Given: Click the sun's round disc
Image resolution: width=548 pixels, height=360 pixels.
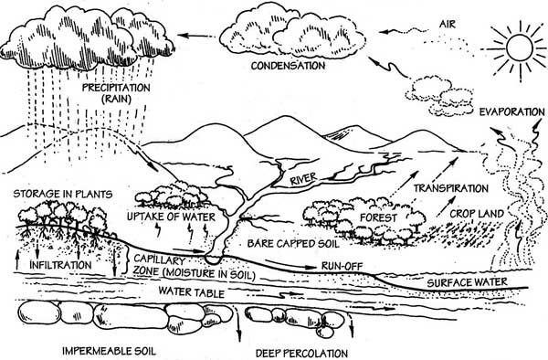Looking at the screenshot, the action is point(520,48).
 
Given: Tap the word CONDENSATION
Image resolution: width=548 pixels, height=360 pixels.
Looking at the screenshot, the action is point(288,66).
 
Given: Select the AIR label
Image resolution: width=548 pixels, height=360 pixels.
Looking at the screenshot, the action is point(448,24).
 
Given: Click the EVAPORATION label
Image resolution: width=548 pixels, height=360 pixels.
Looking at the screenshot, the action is point(511,111).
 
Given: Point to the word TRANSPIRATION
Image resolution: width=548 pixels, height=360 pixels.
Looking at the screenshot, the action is point(451,188).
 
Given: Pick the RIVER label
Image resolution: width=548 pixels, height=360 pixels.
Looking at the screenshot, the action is point(303,179).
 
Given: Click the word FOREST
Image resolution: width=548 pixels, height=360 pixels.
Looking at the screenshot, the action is point(378,217).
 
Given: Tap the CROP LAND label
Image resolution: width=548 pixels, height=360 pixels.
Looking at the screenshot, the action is point(477,214).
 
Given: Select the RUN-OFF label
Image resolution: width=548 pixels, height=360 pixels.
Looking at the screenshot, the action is point(342,266).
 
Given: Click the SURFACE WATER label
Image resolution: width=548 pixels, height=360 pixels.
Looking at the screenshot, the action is point(467,282).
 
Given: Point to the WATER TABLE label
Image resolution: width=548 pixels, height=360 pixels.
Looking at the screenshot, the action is point(191,291).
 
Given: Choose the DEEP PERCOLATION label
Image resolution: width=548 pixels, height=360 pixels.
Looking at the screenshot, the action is point(302,353).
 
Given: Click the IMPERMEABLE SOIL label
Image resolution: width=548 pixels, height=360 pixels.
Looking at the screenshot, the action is point(109,351).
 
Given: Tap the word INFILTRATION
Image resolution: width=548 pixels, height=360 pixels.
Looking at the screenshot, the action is point(60,265).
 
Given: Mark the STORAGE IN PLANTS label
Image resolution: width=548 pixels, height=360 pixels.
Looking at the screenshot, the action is point(63,194).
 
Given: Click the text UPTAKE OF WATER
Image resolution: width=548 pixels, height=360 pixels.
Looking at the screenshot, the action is point(171,217).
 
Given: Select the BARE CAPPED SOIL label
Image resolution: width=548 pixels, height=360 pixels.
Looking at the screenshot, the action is point(293,243).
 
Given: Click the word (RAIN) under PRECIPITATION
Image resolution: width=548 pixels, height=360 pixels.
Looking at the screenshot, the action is point(116,99).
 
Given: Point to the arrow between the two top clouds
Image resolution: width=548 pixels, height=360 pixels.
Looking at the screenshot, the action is point(196,36).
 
